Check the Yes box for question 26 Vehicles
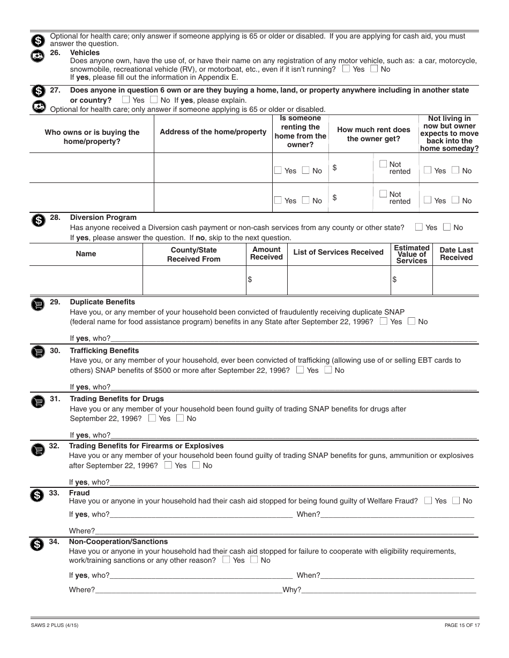click(347, 69)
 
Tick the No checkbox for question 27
click(154, 100)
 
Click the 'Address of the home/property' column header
click(213, 132)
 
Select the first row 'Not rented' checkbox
click(383, 164)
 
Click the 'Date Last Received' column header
click(456, 254)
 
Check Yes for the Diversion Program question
click(419, 227)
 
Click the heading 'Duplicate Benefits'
click(102, 302)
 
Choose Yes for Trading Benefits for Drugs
click(153, 418)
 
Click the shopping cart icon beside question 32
click(37, 450)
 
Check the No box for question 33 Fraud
click(456, 501)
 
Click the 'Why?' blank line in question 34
click(388, 591)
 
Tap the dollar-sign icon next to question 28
click(37, 220)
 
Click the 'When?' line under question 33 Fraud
click(396, 515)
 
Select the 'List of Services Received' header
click(338, 253)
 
